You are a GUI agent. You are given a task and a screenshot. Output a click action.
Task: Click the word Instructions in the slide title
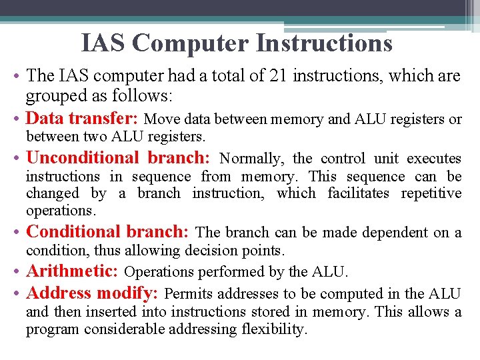[x=324, y=43]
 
